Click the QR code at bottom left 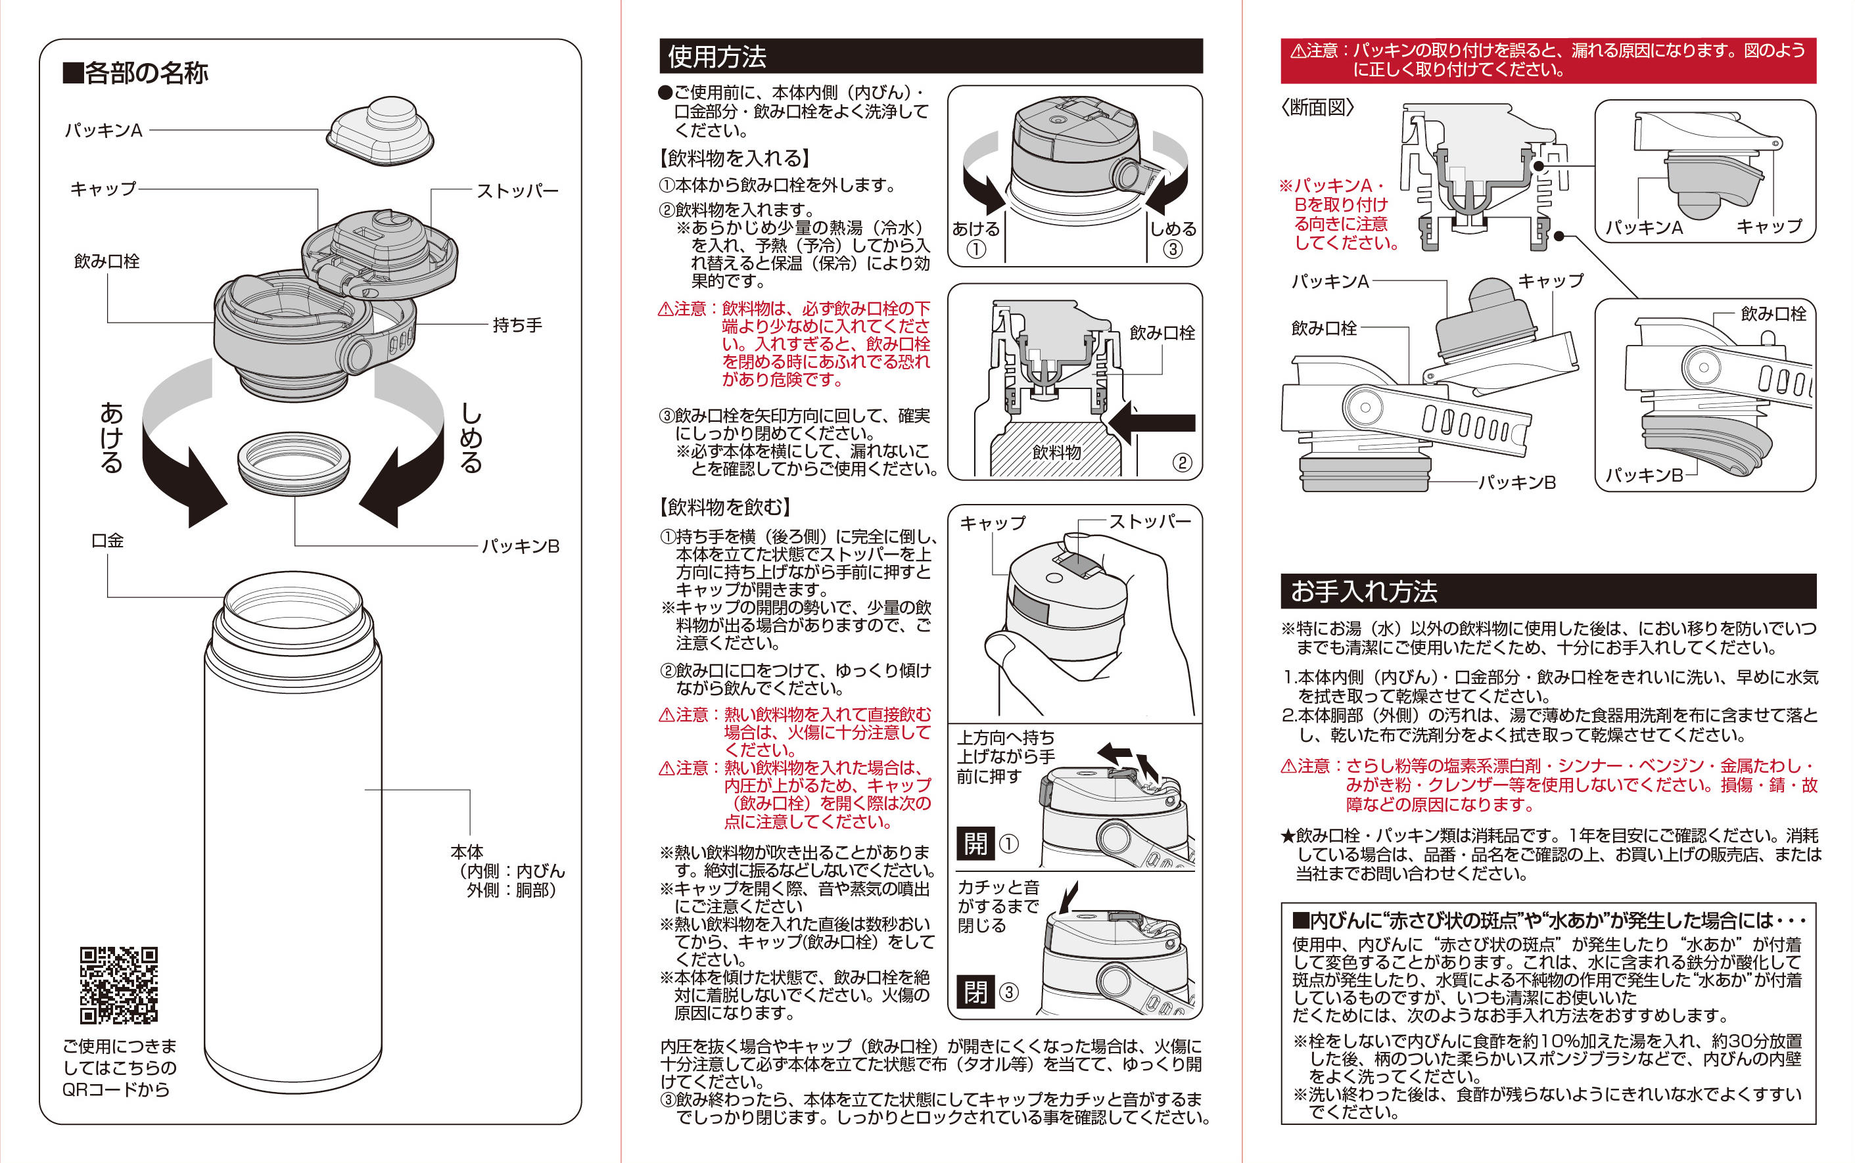pyautogui.click(x=118, y=986)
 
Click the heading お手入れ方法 pyautogui.click(x=1363, y=591)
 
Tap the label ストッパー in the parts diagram pyautogui.click(x=517, y=191)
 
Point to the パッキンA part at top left pyautogui.click(x=379, y=132)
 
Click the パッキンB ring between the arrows pyautogui.click(x=293, y=461)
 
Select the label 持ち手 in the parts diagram pyautogui.click(x=517, y=325)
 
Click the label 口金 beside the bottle pyautogui.click(x=107, y=541)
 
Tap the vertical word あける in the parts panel pyautogui.click(x=112, y=438)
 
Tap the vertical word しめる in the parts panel pyautogui.click(x=471, y=438)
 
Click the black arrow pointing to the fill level pyautogui.click(x=1152, y=422)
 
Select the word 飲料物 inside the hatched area pyautogui.click(x=1056, y=452)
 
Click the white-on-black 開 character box pyautogui.click(x=975, y=843)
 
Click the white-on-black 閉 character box pyautogui.click(x=975, y=992)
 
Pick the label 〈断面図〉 pyautogui.click(x=1317, y=108)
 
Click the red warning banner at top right pyautogui.click(x=1547, y=60)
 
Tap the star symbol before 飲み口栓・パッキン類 pyautogui.click(x=1288, y=836)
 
